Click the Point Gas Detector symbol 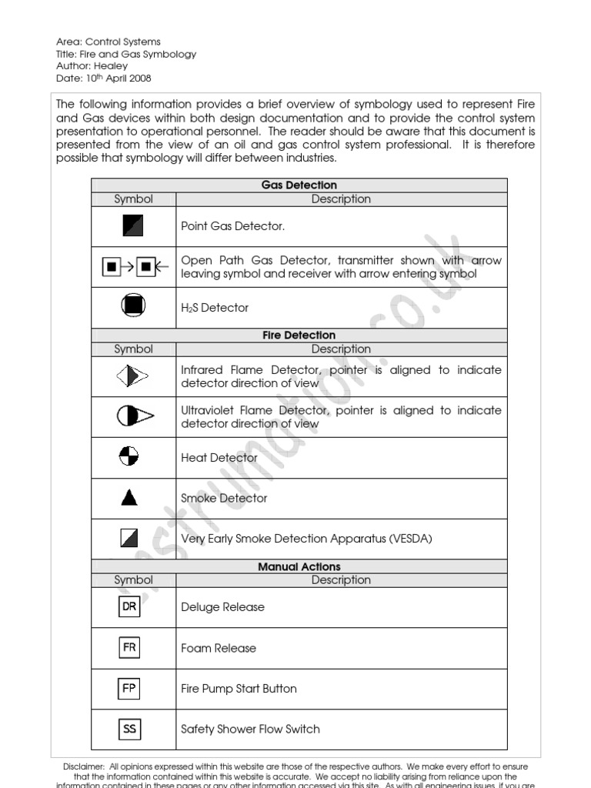(x=133, y=226)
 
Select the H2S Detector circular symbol (x=133, y=307)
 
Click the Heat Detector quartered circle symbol (x=129, y=457)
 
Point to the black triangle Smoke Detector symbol (x=129, y=498)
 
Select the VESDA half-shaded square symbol (x=129, y=538)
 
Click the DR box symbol (x=129, y=606)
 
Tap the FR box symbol (x=129, y=647)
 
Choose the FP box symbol (x=129, y=688)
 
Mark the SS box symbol (x=129, y=729)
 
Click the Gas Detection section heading (x=299, y=185)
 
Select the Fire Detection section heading (x=299, y=336)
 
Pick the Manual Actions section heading (x=299, y=566)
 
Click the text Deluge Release (x=222, y=607)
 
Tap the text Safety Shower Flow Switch (x=250, y=729)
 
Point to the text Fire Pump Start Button (x=239, y=689)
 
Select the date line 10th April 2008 (x=104, y=78)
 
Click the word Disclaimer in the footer (x=83, y=766)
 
